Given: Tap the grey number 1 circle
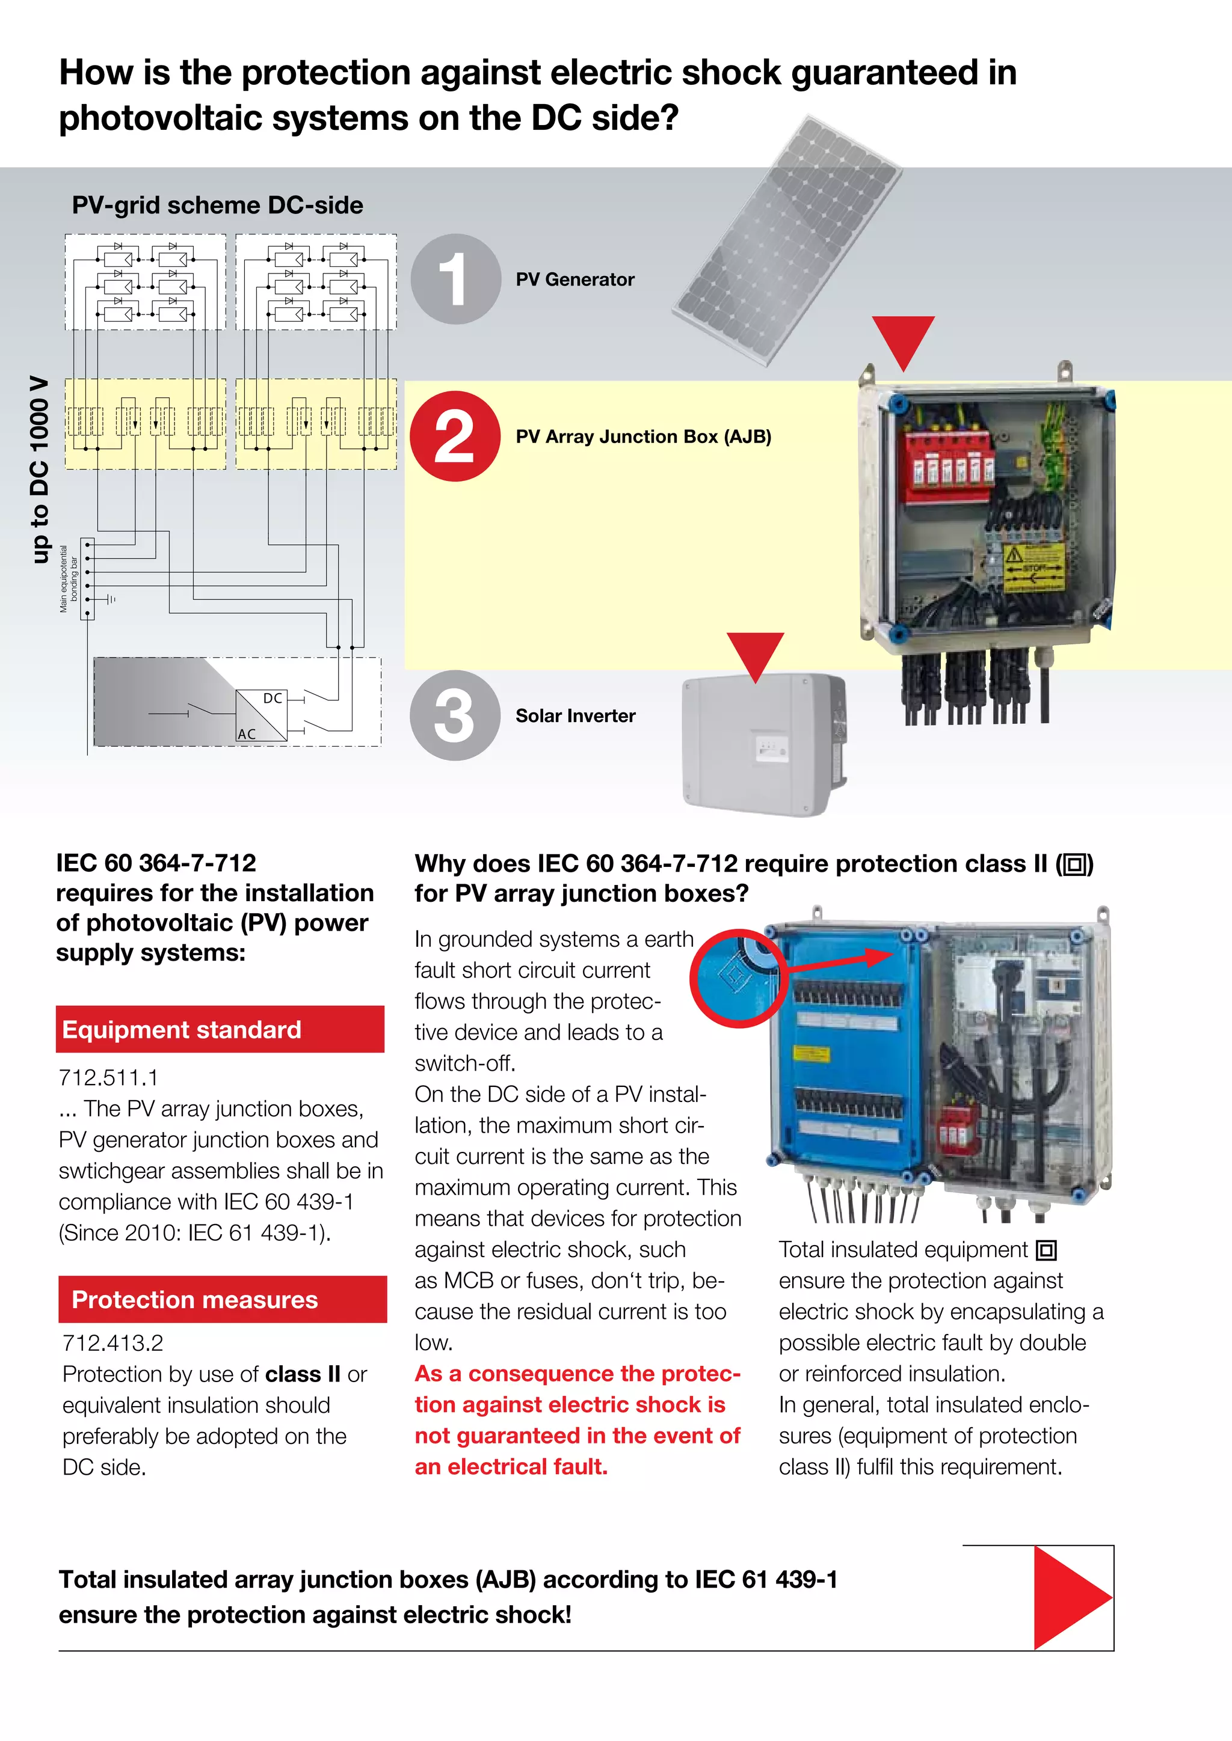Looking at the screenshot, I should pos(455,279).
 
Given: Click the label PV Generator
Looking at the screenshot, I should pos(574,280).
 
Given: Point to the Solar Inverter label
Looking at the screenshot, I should pos(575,716).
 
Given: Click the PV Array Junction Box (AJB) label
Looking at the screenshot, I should pos(642,437).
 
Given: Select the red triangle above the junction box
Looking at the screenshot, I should pos(903,340).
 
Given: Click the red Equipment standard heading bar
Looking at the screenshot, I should pos(220,1029).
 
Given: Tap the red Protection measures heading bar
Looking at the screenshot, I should pos(222,1299).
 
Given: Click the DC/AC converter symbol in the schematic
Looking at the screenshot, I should pos(261,715).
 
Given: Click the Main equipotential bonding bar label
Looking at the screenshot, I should pos(68,578).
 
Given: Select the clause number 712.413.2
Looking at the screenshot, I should pos(112,1343).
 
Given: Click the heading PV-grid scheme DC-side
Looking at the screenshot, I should pos(217,206).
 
